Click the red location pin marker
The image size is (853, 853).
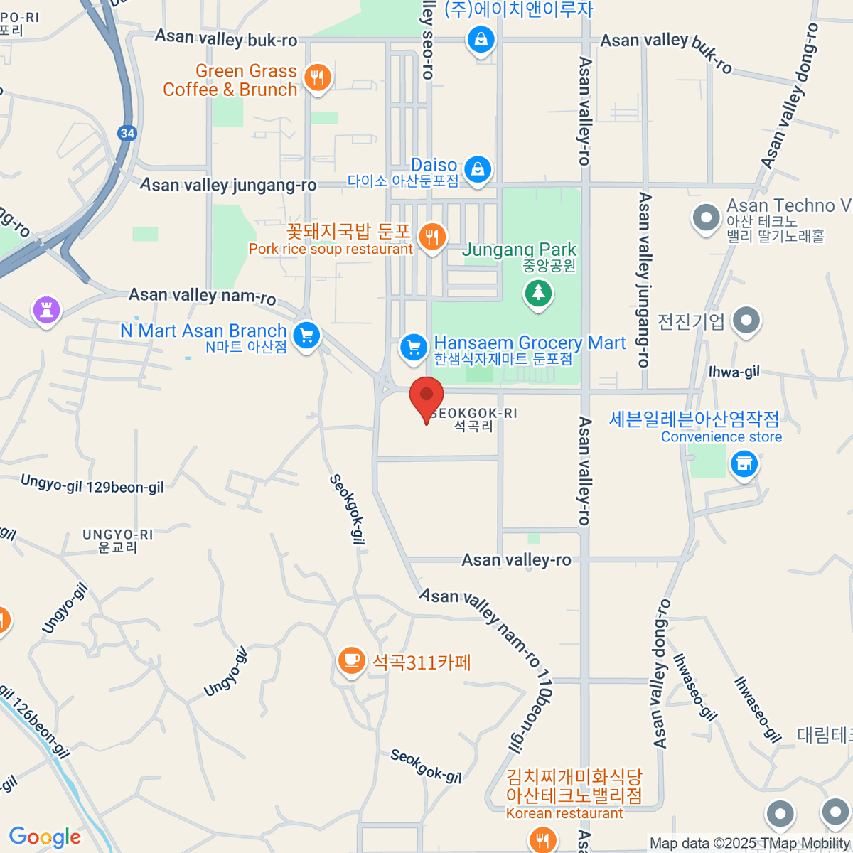426,397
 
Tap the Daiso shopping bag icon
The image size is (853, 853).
478,169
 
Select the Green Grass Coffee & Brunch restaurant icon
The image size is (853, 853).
317,77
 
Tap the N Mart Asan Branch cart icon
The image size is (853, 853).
306,335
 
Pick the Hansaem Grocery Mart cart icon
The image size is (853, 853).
413,347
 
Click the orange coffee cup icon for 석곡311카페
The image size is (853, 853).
350,660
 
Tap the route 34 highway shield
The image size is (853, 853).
127,133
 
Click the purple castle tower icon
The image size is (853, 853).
46,310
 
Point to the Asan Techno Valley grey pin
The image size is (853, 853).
706,218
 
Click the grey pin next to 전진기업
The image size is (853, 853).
746,321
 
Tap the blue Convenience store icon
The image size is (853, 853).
744,465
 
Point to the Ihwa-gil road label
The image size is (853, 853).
734,372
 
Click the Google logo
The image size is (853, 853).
45,837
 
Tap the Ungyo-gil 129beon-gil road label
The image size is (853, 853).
92,485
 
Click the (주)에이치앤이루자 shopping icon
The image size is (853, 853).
481,39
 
